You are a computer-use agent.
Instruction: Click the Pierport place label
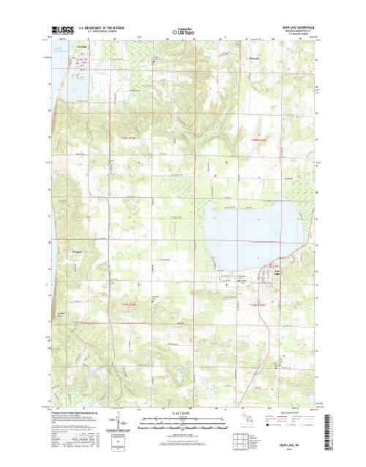(79, 254)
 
